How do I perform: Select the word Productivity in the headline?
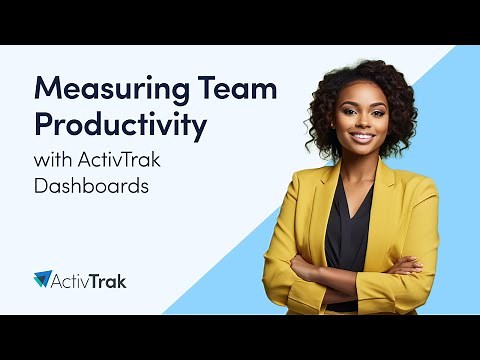[121, 126]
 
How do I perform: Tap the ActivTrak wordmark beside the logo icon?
[91, 280]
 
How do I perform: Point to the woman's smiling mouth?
[360, 138]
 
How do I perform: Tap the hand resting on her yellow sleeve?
[409, 266]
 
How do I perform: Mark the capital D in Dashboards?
[40, 186]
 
